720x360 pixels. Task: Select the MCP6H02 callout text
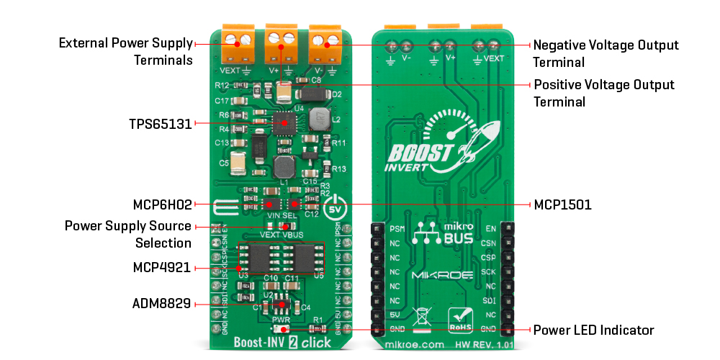pos(163,204)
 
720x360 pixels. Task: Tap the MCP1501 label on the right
pos(562,204)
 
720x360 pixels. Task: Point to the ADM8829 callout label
pos(161,304)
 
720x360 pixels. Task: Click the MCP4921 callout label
pos(162,268)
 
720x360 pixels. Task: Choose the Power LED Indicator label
pos(593,330)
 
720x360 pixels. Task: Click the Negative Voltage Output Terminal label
pos(605,53)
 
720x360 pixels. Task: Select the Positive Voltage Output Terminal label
pos(604,93)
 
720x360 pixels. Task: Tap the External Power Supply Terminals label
pos(125,51)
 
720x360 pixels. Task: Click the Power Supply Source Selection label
pos(128,234)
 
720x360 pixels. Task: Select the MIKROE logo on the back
pos(441,276)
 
